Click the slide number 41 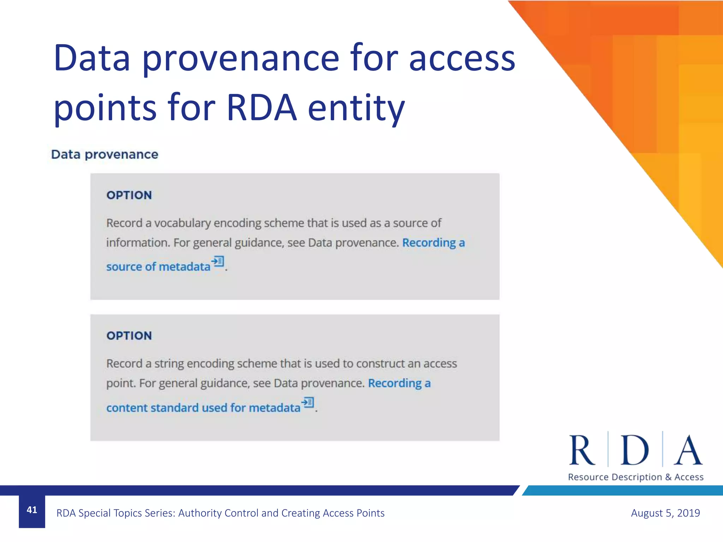tap(32, 510)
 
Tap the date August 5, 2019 tap(665, 513)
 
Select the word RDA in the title tap(262, 108)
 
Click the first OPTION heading tap(129, 195)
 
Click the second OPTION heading tap(129, 336)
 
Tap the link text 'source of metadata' tap(158, 266)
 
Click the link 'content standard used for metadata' tap(203, 408)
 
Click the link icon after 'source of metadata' tap(218, 261)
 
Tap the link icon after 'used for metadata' tap(308, 402)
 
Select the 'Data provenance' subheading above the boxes tap(104, 155)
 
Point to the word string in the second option tap(169, 363)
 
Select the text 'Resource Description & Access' tap(635, 477)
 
